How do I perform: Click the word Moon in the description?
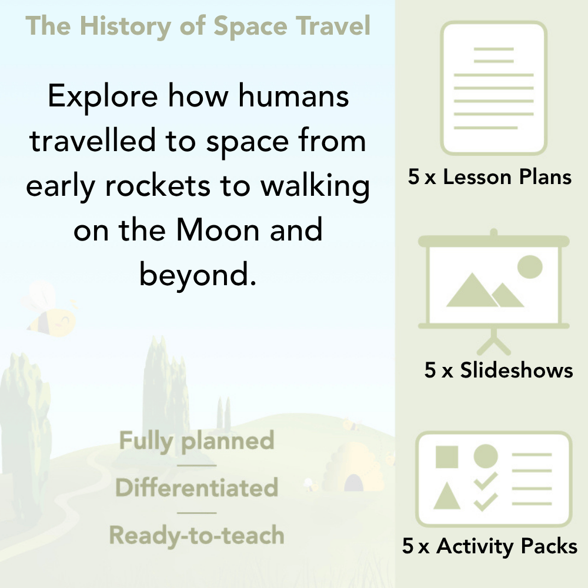tap(219, 230)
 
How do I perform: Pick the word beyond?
tap(198, 275)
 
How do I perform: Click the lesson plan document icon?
tap(494, 88)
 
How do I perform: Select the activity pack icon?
tap(494, 479)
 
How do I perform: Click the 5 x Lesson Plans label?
tap(490, 177)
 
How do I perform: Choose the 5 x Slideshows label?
tap(499, 370)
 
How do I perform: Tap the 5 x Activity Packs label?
tap(490, 547)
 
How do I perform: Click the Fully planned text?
tap(197, 441)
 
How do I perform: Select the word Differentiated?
tap(197, 488)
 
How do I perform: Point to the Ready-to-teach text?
tap(197, 535)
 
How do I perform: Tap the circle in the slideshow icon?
tap(529, 266)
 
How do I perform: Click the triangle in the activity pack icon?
tap(447, 497)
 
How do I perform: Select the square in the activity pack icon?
tap(447, 457)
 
